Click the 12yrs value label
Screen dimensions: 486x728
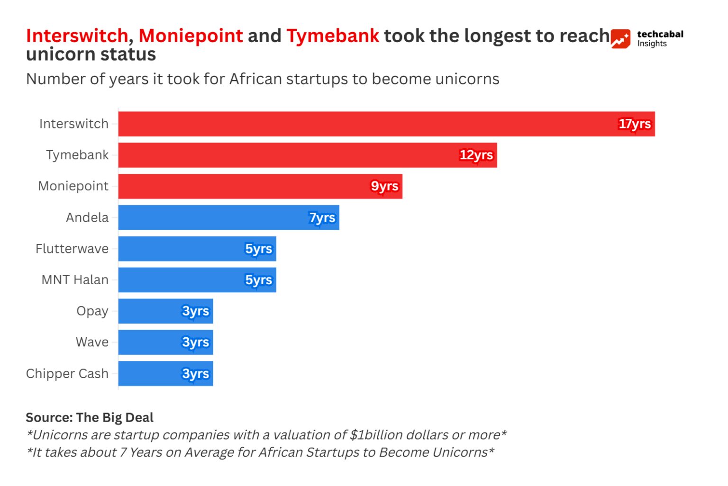coord(476,155)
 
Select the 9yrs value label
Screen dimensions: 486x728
coord(384,187)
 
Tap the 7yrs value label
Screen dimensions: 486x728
coord(322,218)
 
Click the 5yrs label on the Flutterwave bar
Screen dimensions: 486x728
coord(258,249)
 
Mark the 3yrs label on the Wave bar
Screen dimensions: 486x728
coord(195,342)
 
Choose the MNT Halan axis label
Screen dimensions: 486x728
coord(75,280)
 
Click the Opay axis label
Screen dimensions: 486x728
coord(92,311)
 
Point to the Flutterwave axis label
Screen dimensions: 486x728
coord(72,249)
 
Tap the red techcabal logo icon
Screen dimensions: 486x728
coord(620,39)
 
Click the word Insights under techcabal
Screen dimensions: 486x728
coord(652,44)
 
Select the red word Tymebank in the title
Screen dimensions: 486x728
coord(333,36)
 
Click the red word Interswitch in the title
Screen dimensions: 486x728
coord(77,36)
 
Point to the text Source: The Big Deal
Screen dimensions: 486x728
coord(90,417)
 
